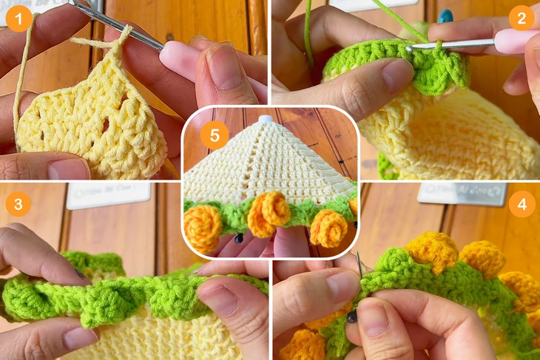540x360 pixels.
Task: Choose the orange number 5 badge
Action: (x=215, y=135)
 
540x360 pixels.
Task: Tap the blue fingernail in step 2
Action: (x=445, y=16)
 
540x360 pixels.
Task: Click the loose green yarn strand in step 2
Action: (x=308, y=33)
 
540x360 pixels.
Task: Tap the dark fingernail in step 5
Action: (x=239, y=239)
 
